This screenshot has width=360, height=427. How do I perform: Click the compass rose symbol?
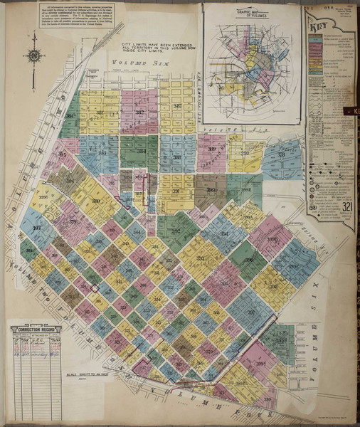point(33,56)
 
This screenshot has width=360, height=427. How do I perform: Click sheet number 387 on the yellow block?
point(178,107)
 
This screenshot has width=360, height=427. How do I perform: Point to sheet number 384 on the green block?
point(140,151)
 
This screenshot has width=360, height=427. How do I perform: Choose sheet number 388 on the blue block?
point(174,151)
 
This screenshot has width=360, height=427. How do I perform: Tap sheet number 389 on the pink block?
point(211,151)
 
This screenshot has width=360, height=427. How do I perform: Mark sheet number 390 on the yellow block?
point(245,153)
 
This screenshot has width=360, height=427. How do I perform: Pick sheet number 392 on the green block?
point(175,231)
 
